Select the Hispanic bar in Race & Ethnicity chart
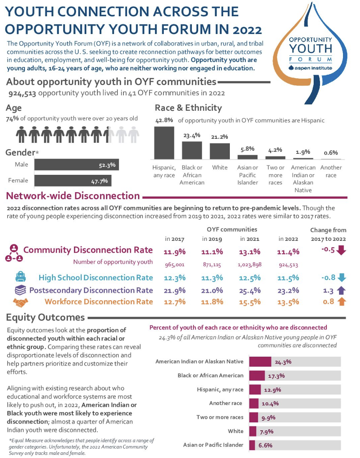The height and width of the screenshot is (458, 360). tap(164, 143)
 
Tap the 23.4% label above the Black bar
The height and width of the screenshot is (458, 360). tap(192, 135)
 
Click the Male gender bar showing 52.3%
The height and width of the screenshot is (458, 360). tap(77, 165)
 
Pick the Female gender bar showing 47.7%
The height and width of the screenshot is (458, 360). tap(73, 181)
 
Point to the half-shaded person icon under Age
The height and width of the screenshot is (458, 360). tap(109, 135)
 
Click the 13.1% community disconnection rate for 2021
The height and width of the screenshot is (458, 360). tap(250, 252)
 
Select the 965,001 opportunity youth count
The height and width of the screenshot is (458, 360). tap(174, 264)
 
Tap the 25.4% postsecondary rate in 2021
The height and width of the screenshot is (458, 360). tap(250, 290)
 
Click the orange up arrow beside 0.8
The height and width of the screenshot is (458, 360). tap(342, 302)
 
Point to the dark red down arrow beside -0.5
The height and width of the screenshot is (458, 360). tap(342, 250)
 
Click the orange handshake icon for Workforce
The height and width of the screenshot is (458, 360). tap(20, 302)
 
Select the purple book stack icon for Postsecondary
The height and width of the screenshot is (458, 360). tap(20, 290)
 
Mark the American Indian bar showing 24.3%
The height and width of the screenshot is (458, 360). tap(260, 361)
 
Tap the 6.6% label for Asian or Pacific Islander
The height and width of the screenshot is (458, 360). tap(265, 445)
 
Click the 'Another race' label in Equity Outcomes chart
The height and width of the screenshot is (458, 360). tap(226, 403)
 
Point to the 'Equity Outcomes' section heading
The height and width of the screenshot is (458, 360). tap(45, 317)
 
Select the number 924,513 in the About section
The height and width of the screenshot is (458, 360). tap(23, 93)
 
